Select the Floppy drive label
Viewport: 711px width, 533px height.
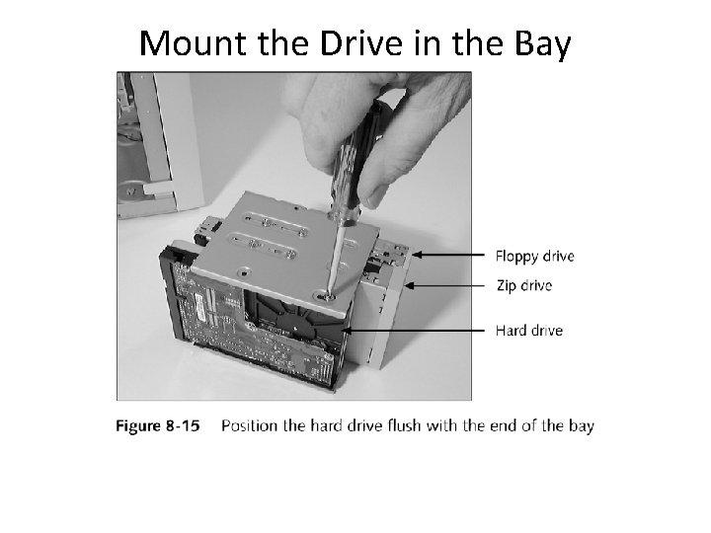pos(534,256)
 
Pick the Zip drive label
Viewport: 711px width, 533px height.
pos(523,286)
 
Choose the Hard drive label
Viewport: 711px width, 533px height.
pos(529,330)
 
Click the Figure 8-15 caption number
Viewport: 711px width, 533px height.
pos(158,426)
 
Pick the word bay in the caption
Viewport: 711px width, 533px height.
pos(582,426)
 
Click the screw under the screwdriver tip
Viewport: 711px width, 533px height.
pos(324,292)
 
